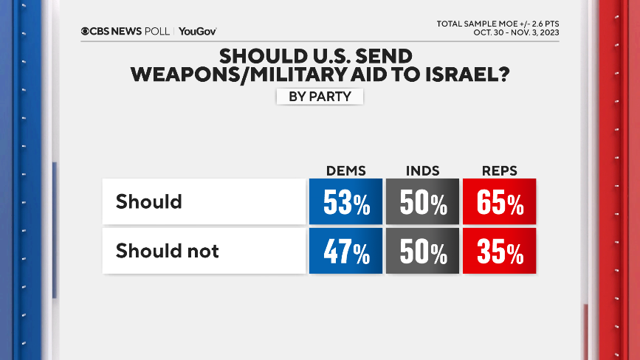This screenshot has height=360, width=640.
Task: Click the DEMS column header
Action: coord(345,170)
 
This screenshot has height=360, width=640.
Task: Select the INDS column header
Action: coord(422,170)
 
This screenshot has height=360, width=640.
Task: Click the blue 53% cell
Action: coord(345,201)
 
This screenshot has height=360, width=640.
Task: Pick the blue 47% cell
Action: coord(345,252)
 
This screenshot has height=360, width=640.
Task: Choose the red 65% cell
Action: coord(499,201)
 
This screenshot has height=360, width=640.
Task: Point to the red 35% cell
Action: coord(499,252)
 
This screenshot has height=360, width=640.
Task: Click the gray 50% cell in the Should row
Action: coord(422,201)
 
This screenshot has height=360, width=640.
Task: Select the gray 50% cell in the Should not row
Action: coord(422,252)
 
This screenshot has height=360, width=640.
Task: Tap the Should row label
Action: coord(149,201)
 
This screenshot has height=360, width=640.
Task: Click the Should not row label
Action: coord(168,252)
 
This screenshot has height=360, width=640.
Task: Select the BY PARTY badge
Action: coord(320,96)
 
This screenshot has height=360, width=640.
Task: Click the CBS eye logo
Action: coord(86,31)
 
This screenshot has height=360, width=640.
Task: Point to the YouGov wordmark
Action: coord(197,31)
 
